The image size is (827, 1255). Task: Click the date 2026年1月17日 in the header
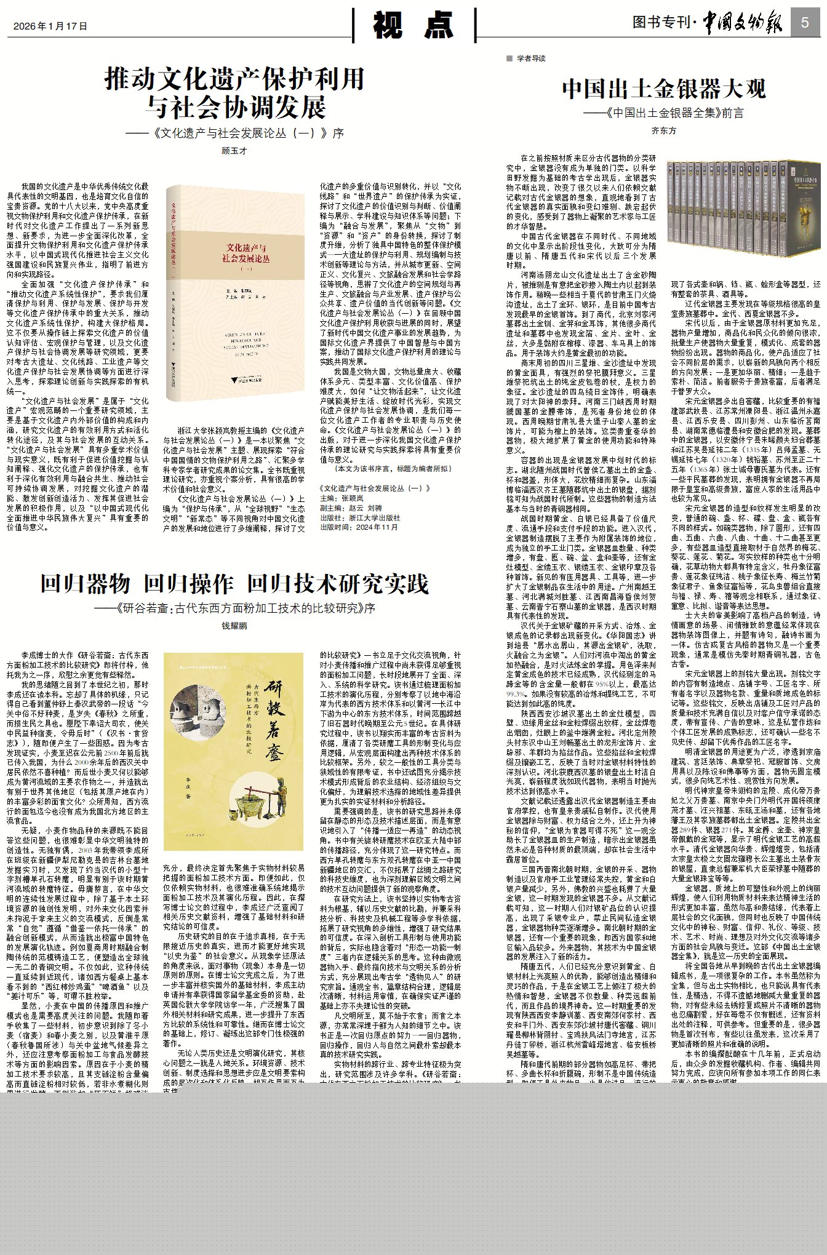point(50,26)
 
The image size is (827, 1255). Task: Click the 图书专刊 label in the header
point(661,23)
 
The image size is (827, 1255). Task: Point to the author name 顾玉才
point(234,151)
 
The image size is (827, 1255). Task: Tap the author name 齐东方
point(663,130)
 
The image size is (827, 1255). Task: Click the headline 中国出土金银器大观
point(663,89)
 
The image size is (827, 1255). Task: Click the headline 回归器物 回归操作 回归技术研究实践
point(234,584)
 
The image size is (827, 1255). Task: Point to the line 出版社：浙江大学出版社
point(360,518)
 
